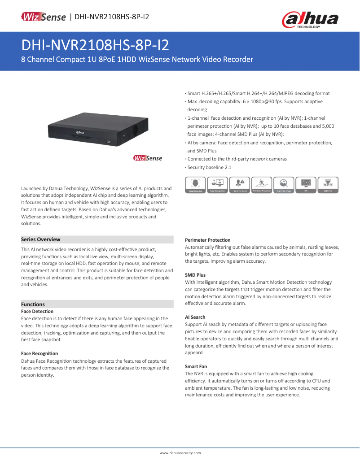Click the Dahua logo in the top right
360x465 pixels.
[x=310, y=20]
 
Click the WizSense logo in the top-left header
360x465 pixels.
[x=44, y=17]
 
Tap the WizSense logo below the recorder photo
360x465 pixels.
[x=148, y=158]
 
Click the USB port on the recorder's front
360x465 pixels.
[x=108, y=142]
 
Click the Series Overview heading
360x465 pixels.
[x=40, y=239]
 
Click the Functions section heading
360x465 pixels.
[x=33, y=304]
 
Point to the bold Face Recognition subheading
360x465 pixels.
[x=40, y=354]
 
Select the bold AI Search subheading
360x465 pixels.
[x=195, y=317]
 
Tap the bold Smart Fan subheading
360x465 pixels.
[x=196, y=366]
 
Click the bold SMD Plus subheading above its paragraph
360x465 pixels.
[x=195, y=275]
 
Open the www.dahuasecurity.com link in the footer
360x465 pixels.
[x=180, y=453]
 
